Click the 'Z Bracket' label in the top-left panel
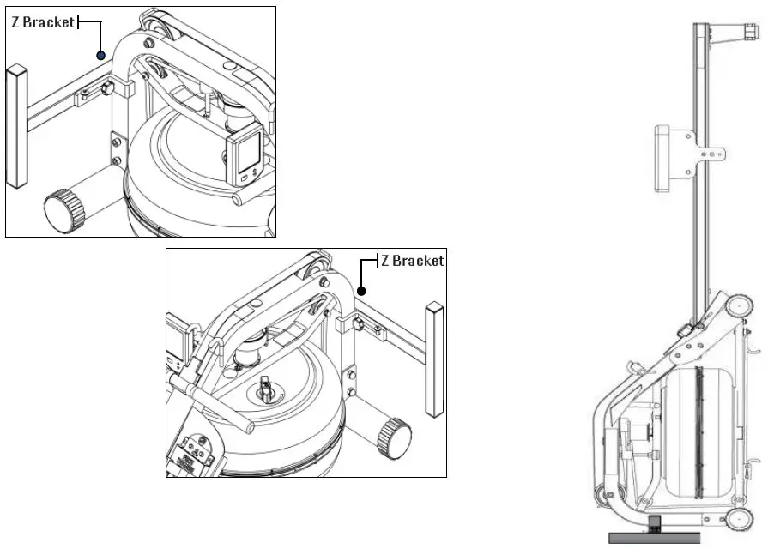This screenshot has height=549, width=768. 43,22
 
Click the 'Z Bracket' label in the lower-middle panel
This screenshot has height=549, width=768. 412,260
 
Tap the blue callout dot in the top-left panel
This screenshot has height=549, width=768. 101,56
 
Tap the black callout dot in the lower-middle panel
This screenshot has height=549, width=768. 361,291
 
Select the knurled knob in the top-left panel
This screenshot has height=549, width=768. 63,208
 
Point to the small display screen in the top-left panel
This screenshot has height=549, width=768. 247,152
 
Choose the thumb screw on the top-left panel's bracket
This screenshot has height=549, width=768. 106,89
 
